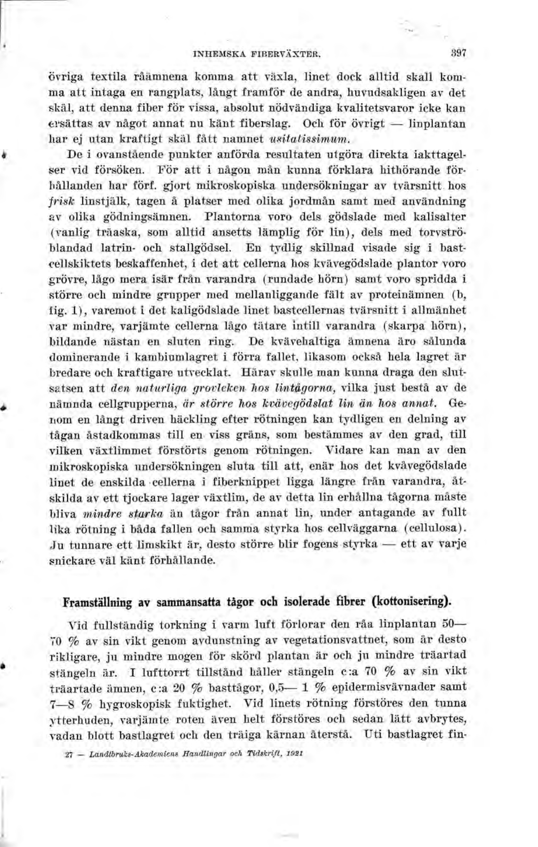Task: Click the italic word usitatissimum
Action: (308, 139)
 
